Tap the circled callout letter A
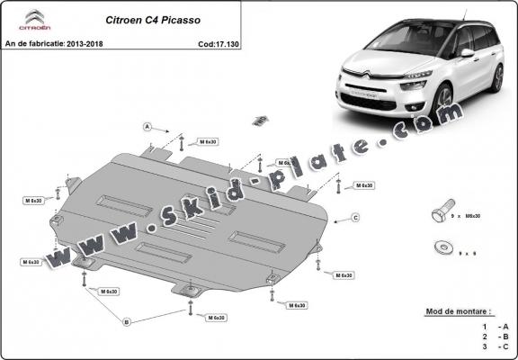click(146, 127)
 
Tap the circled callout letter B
click(127, 320)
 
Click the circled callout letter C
click(355, 217)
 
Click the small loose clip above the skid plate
click(261, 120)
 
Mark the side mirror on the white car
click(466, 53)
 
